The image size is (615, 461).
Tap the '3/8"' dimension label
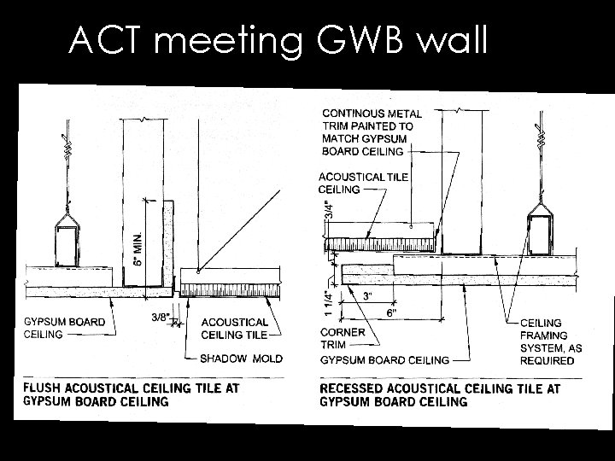(x=159, y=318)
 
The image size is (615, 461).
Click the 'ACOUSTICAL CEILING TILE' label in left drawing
(x=235, y=328)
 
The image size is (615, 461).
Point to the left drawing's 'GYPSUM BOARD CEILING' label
(x=65, y=328)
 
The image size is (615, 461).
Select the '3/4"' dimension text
(x=331, y=209)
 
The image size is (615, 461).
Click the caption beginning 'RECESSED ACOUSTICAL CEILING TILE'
(x=439, y=394)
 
